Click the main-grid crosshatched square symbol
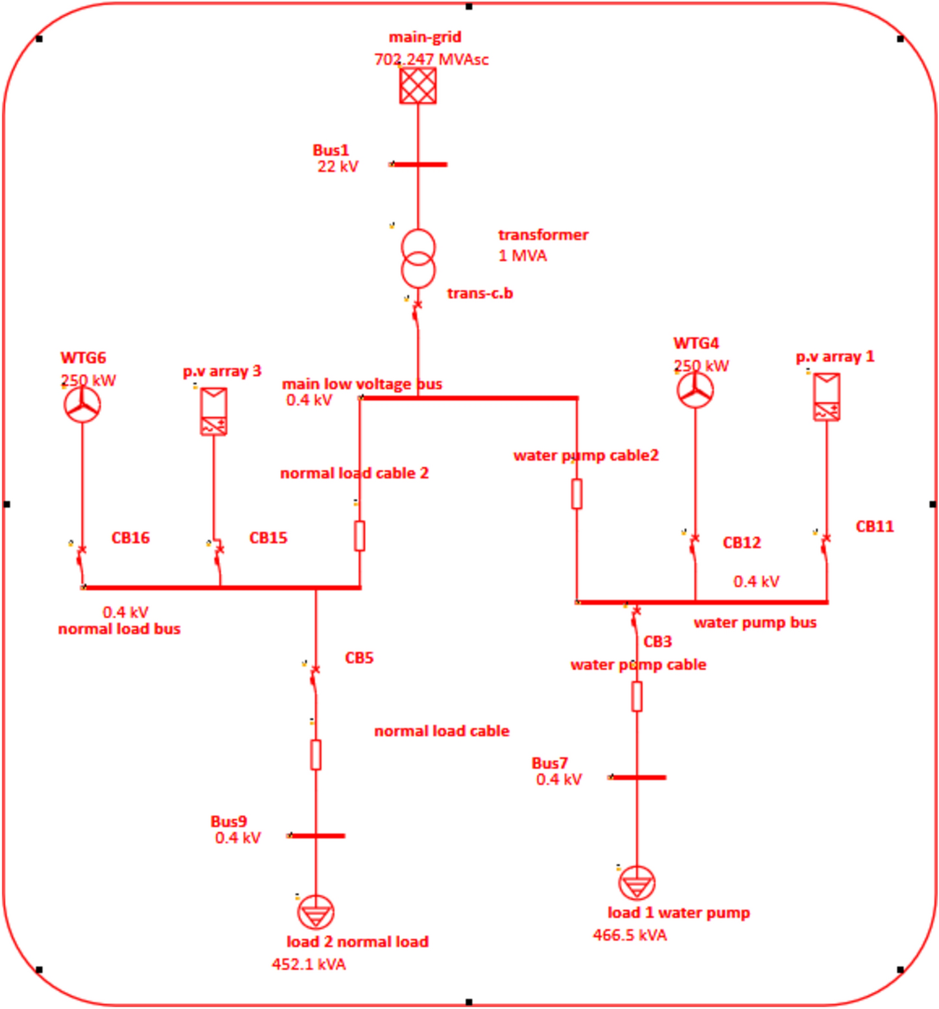(418, 86)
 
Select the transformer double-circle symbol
(418, 259)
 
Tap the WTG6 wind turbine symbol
(82, 405)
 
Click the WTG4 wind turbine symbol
(695, 390)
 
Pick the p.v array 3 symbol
(213, 411)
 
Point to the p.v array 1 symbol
(827, 397)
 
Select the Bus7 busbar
(638, 777)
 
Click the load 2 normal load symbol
(316, 912)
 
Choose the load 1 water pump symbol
(637, 883)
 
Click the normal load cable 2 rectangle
(360, 536)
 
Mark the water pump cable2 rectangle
(576, 493)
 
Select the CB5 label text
(359, 658)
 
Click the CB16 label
(130, 538)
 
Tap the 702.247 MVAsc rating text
(431, 60)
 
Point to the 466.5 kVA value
(630, 935)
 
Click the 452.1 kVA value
(309, 964)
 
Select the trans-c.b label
(480, 293)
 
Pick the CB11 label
(874, 526)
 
